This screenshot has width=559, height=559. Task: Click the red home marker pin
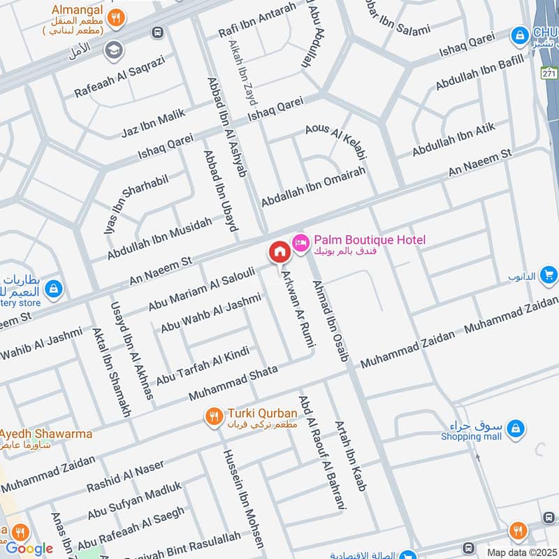click(279, 252)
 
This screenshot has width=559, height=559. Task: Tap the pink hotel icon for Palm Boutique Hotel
click(301, 241)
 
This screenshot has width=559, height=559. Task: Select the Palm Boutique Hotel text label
click(369, 240)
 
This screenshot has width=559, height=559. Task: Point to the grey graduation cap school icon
click(112, 50)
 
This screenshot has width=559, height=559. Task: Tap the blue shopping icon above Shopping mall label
click(516, 426)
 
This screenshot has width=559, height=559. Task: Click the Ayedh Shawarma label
click(46, 434)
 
